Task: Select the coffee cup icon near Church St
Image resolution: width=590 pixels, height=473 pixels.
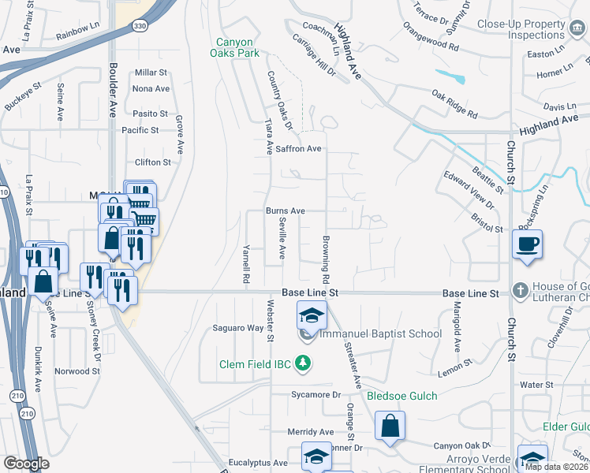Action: (527, 244)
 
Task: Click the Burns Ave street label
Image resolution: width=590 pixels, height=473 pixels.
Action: (285, 211)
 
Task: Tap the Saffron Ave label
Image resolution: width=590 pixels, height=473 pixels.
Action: (298, 148)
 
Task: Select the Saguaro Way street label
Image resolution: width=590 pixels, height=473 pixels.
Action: (238, 328)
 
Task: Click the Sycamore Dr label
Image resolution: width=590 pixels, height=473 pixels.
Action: (315, 394)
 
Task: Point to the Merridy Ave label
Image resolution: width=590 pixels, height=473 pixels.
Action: (311, 432)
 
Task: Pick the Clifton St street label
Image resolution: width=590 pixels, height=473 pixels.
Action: (153, 162)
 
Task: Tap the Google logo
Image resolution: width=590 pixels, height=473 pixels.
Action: (26, 464)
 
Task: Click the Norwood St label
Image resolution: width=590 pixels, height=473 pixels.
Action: (77, 371)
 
